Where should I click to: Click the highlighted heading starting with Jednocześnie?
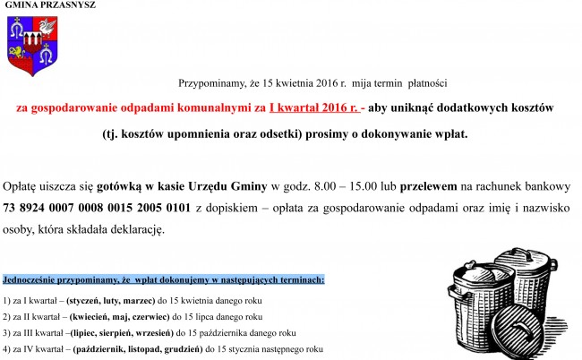[164, 280]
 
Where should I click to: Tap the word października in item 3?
[232, 332]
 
